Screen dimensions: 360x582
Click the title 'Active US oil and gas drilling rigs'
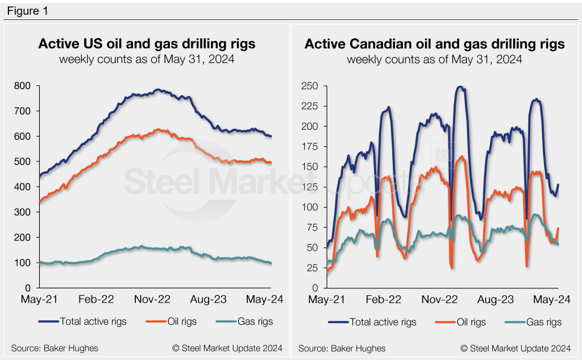tap(147, 44)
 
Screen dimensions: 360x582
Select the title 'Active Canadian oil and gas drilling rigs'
tap(434, 44)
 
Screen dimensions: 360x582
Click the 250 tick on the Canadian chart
tap(310, 86)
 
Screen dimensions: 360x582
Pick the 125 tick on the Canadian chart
tap(310, 187)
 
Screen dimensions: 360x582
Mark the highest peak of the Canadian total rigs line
tap(460, 87)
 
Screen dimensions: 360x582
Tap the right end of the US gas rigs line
tap(271, 263)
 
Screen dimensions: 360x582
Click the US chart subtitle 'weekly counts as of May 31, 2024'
tap(147, 59)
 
